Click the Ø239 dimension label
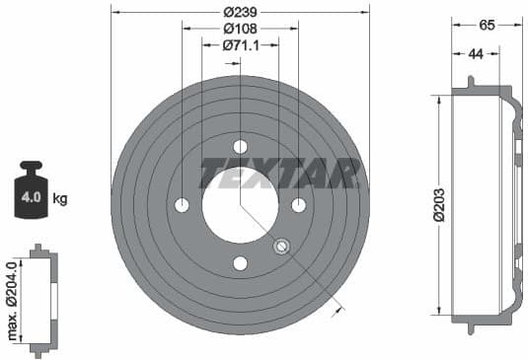[x=240, y=11]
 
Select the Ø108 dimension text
[x=240, y=29]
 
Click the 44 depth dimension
[x=476, y=54]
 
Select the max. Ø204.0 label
[x=13, y=302]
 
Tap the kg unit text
[x=60, y=199]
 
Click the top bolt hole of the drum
[x=240, y=146]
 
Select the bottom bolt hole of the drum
[x=240, y=263]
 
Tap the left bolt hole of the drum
[x=182, y=205]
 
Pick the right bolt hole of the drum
[x=298, y=205]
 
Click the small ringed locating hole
[x=281, y=247]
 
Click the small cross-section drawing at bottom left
[x=42, y=302]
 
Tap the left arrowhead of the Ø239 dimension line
[x=114, y=11]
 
